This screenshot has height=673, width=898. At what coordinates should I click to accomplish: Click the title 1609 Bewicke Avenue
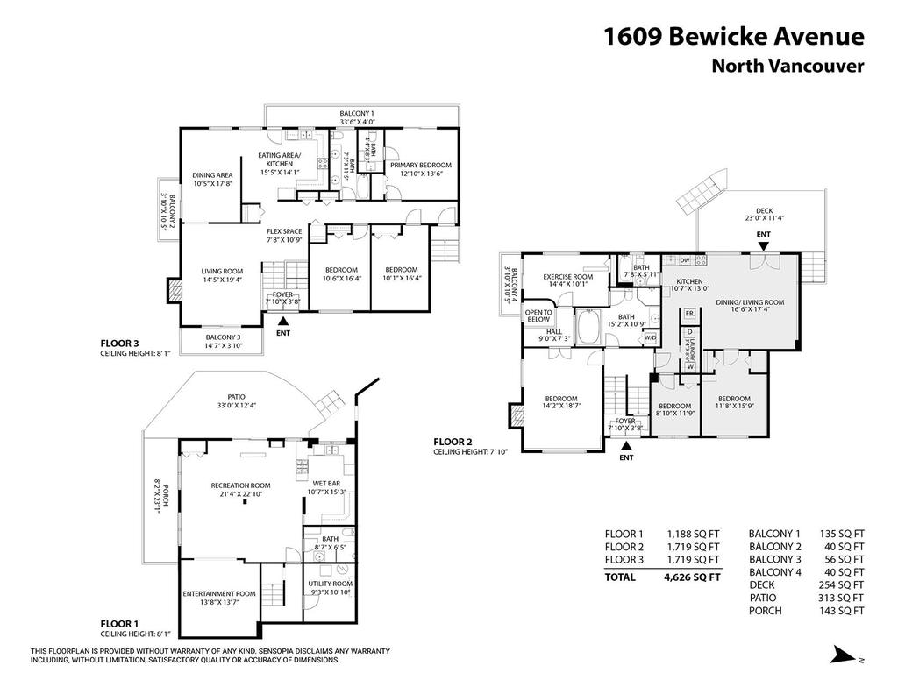[734, 36]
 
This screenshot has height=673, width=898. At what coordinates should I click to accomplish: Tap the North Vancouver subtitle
[788, 66]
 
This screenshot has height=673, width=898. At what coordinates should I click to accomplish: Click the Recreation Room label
[240, 485]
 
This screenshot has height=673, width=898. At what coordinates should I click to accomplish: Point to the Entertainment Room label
[211, 593]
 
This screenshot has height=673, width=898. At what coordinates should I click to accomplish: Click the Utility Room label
[330, 584]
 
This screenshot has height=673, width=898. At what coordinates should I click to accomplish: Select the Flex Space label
[284, 231]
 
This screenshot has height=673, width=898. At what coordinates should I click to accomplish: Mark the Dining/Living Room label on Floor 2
[751, 301]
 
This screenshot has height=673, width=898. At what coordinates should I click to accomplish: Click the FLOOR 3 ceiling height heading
[119, 344]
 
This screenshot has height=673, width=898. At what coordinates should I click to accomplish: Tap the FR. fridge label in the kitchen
[689, 313]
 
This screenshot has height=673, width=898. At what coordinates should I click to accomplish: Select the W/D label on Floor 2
[651, 337]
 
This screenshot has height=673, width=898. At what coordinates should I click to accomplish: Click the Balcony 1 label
[357, 114]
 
